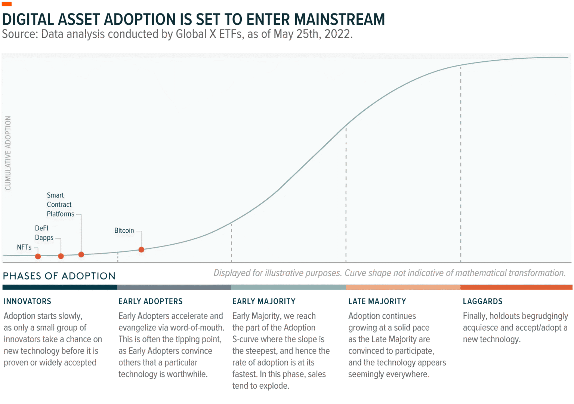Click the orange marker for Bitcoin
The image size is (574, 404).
tap(141, 250)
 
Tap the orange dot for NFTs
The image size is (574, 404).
tap(38, 257)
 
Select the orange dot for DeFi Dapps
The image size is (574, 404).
tap(61, 256)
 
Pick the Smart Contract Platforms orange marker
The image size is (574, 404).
tap(81, 255)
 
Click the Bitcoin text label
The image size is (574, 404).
tap(124, 231)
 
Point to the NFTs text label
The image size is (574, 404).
tap(24, 248)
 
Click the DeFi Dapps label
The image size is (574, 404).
tap(44, 233)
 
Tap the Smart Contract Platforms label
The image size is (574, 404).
tap(60, 205)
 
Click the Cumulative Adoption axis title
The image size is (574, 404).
tap(8, 154)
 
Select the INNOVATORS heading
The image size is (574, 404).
tap(27, 301)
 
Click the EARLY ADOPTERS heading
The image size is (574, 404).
tap(151, 301)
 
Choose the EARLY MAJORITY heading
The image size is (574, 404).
tap(264, 301)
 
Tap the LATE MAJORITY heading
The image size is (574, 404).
tap(377, 301)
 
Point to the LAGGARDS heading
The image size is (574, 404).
tap(482, 301)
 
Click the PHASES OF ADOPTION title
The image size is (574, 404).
tap(59, 276)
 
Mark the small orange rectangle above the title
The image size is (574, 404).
tap(7, 4)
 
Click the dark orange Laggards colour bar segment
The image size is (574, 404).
tap(516, 287)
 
